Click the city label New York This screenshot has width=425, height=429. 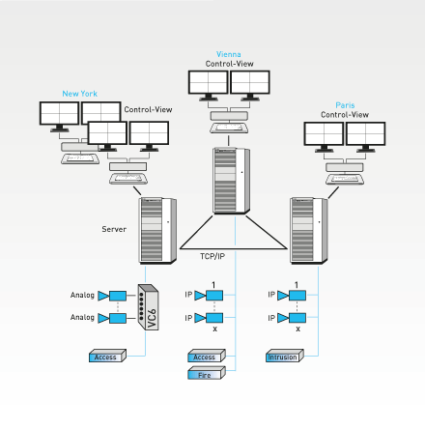coord(79,94)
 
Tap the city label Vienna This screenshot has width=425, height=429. coord(229,54)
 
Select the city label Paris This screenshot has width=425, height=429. coord(345,105)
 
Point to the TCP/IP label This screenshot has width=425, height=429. coord(212,256)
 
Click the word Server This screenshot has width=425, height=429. coord(114,229)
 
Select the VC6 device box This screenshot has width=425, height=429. coord(148,307)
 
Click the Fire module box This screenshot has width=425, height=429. coord(207,373)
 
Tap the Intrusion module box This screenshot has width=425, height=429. coord(285,356)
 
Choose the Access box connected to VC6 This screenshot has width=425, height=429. coord(107,356)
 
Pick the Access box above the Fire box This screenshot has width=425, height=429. coord(207,356)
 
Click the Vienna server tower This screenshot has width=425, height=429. coord(231,181)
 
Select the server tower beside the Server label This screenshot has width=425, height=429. coord(157,231)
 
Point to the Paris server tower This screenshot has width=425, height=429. coord(309,231)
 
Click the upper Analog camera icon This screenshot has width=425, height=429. coord(112,296)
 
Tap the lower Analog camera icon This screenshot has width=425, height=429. coord(112,318)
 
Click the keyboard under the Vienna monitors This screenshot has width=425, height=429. coord(229,129)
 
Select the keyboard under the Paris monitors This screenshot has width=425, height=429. coord(345,179)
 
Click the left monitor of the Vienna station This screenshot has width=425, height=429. coord(208,85)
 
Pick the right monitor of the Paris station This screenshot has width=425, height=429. coord(365,136)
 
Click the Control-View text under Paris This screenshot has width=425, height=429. coord(345,115)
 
